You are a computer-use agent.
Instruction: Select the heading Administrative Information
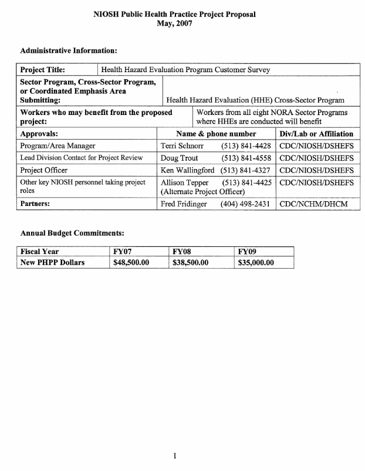pyautogui.click(x=69, y=51)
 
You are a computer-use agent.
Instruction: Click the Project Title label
pyautogui.click(x=43, y=70)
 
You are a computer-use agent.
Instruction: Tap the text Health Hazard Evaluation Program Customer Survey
pyautogui.click(x=185, y=70)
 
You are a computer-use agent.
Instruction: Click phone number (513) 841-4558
pyautogui.click(x=245, y=158)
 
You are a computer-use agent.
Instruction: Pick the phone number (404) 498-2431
pyautogui.click(x=245, y=205)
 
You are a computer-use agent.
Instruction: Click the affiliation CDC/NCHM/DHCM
pyautogui.click(x=315, y=205)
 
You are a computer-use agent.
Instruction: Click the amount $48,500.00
pyautogui.click(x=131, y=263)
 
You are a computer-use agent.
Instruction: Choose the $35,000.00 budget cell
pyautogui.click(x=256, y=263)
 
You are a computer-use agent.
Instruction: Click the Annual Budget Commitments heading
pyautogui.click(x=72, y=233)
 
